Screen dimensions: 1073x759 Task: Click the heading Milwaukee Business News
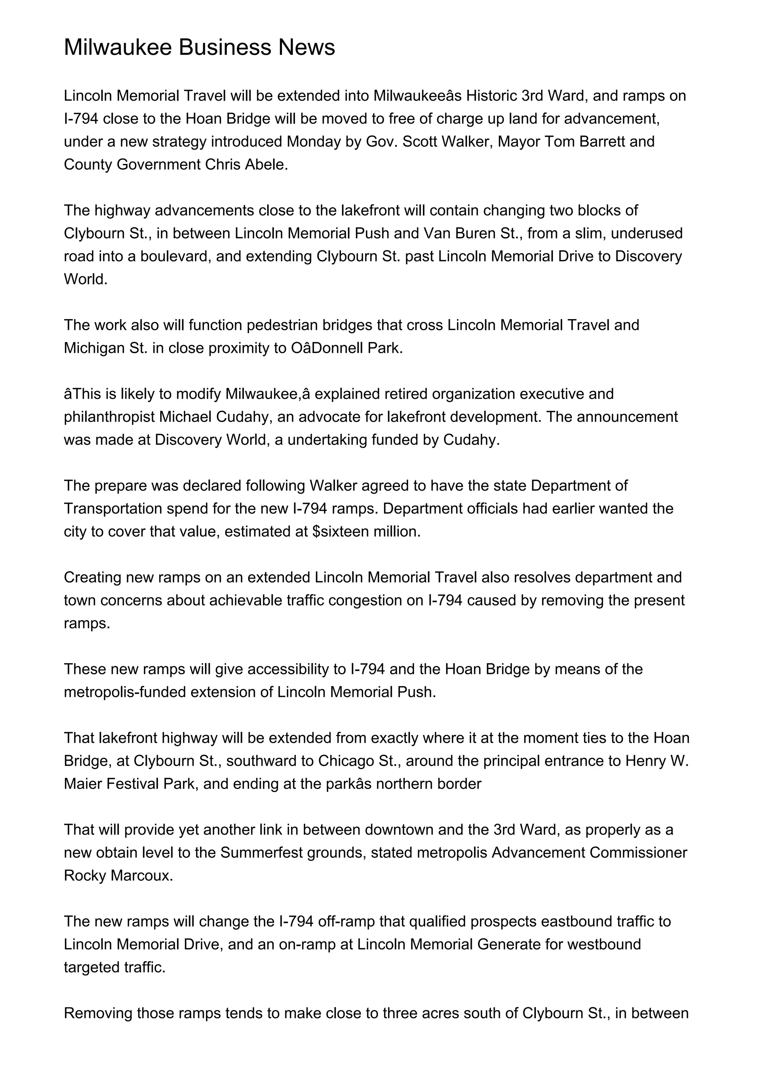(x=199, y=48)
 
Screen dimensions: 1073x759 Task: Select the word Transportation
(x=113, y=508)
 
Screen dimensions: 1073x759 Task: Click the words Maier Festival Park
(x=126, y=784)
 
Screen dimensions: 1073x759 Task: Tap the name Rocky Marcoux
(x=118, y=875)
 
